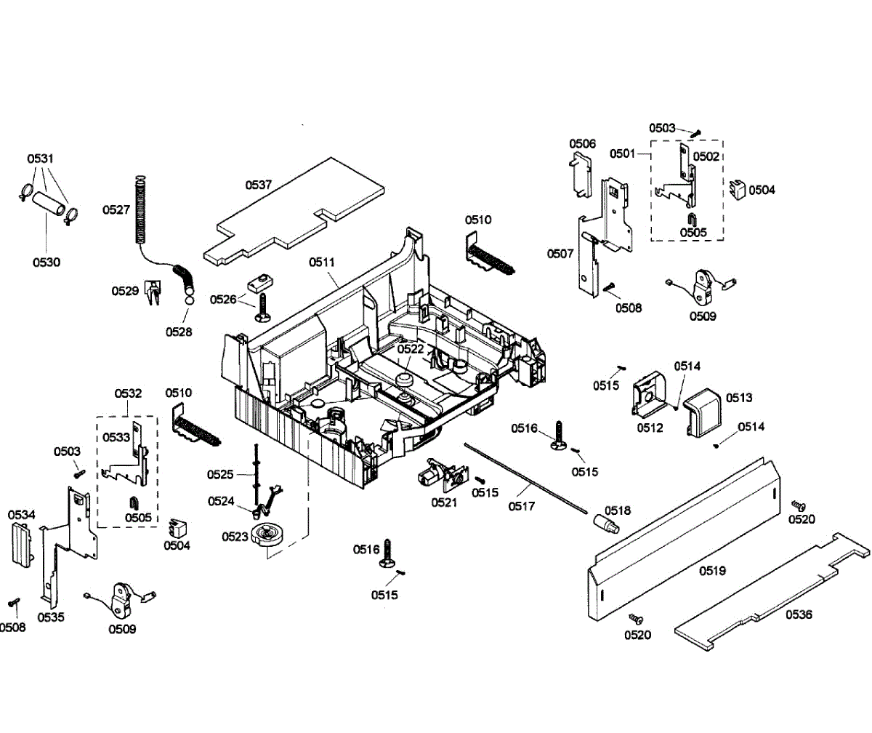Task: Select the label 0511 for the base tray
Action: click(x=323, y=262)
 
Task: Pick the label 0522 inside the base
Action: click(x=410, y=349)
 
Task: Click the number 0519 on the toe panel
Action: click(x=712, y=571)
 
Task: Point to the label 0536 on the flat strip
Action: click(x=799, y=614)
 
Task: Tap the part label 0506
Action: click(x=582, y=144)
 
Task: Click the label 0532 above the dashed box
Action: click(x=128, y=393)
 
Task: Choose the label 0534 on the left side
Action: click(x=22, y=516)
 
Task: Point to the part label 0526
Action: click(x=222, y=300)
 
